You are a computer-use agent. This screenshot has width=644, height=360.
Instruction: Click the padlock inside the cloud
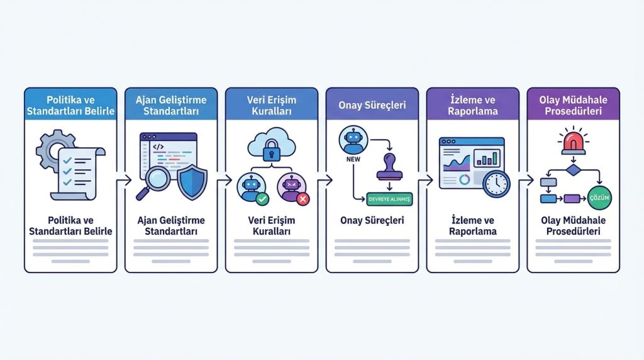272,150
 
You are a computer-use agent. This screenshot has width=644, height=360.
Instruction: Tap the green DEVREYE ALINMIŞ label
389,200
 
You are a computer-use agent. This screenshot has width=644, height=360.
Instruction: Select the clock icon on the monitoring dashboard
497,183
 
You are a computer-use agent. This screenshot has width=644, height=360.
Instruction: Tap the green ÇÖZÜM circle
599,198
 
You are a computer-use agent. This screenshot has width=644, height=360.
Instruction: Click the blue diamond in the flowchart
572,170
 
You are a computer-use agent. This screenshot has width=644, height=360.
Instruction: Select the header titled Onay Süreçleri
372,104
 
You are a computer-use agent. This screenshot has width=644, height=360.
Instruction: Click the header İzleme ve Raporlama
472,105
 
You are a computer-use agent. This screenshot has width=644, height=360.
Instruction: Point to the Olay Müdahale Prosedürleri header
573,105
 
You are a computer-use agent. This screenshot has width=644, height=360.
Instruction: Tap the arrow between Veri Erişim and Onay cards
322,181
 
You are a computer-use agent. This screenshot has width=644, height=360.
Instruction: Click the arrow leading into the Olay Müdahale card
523,181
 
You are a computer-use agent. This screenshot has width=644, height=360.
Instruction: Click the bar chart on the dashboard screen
487,157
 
